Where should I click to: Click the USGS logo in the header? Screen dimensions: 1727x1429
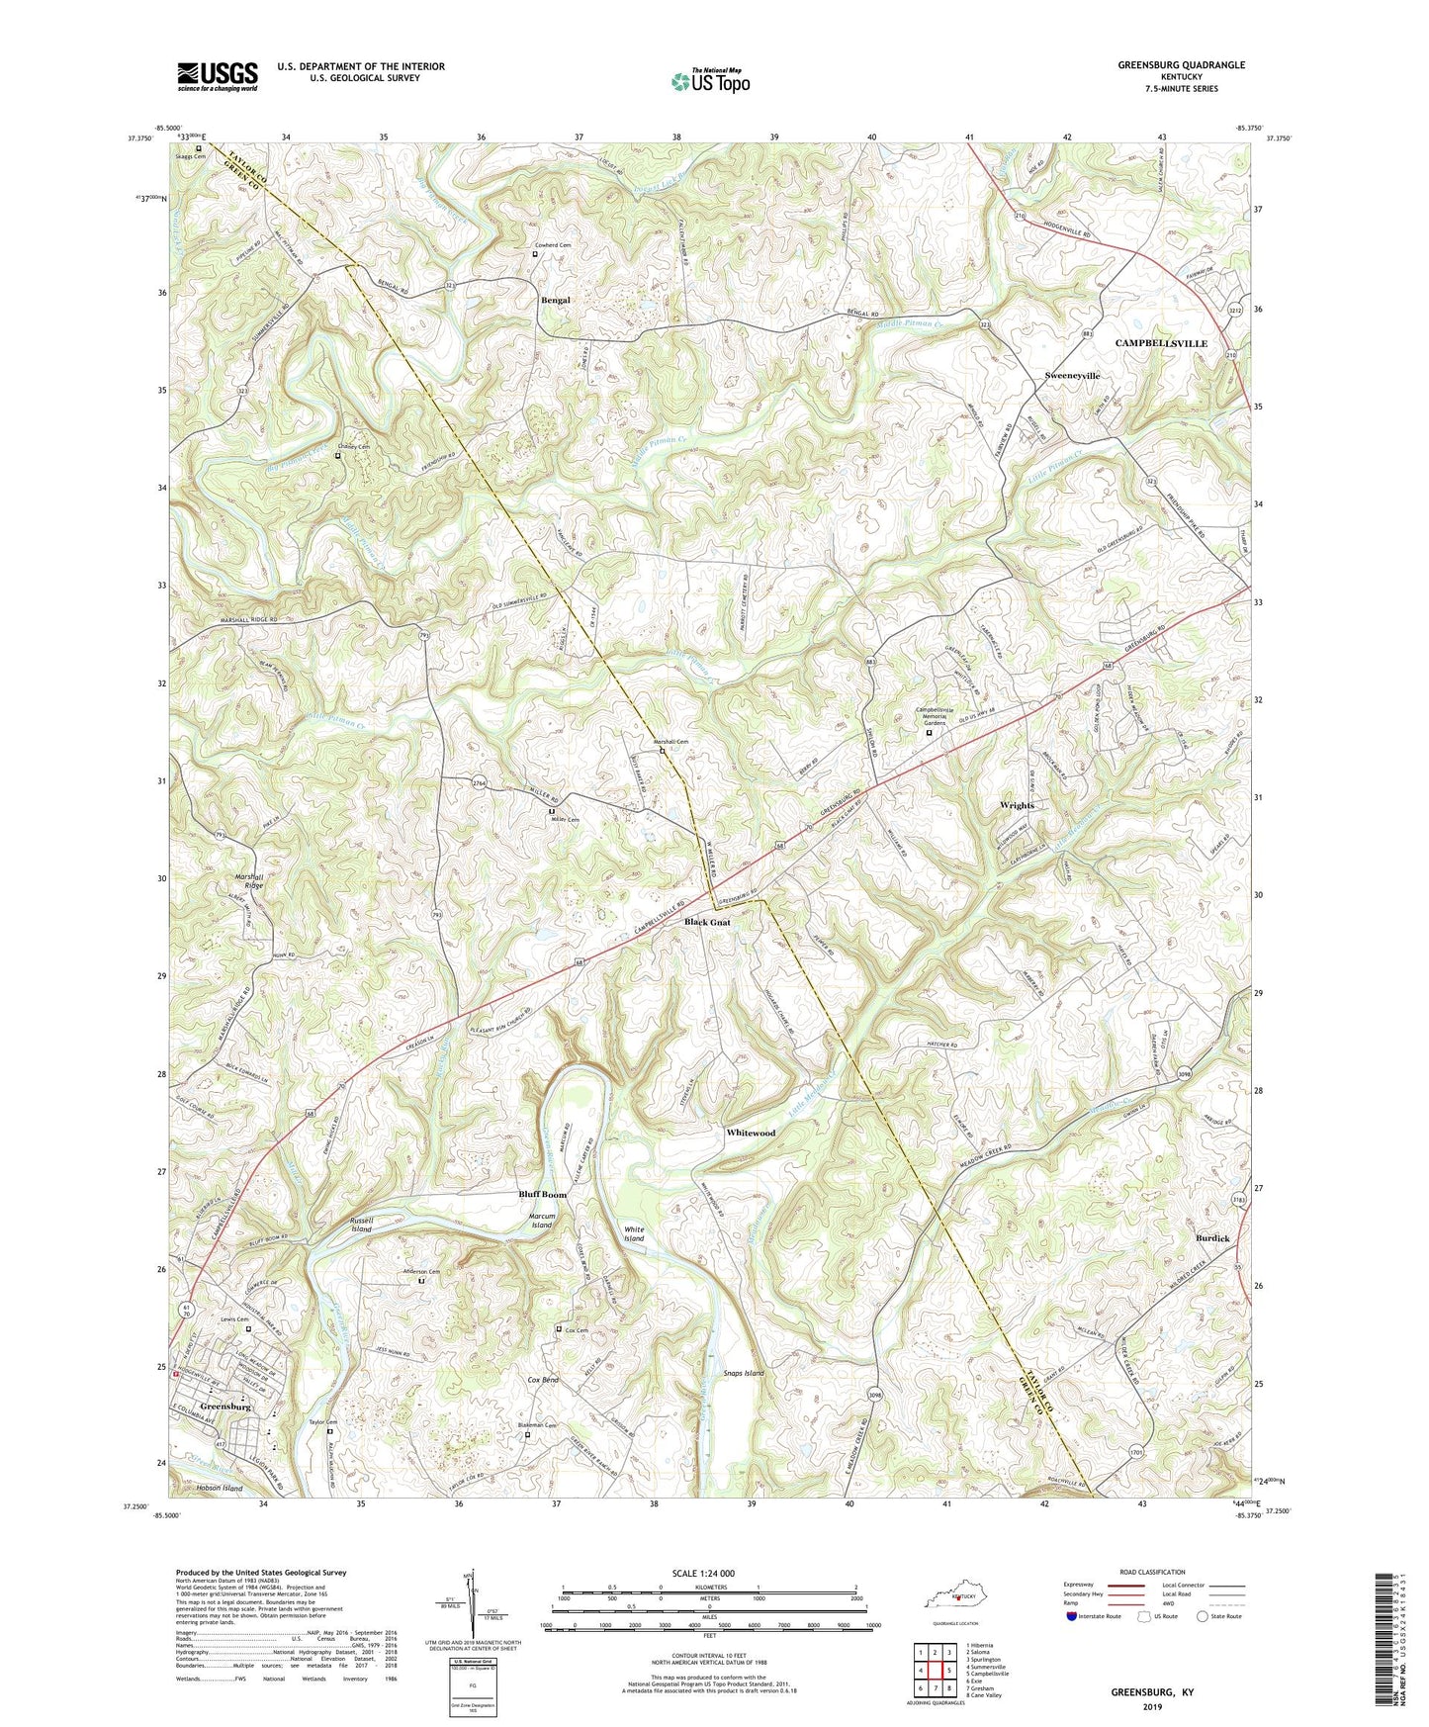pyautogui.click(x=218, y=76)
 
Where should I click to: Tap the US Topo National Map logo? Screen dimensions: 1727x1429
pyautogui.click(x=710, y=80)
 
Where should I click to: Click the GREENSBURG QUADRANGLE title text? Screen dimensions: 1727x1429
pyautogui.click(x=1181, y=65)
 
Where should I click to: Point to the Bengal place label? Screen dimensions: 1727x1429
pyautogui.click(x=555, y=300)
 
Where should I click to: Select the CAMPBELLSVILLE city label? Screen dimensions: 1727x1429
pyautogui.click(x=1161, y=343)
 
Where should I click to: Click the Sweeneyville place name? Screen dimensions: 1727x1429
pyautogui.click(x=1072, y=376)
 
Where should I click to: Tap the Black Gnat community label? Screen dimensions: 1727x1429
pyautogui.click(x=708, y=922)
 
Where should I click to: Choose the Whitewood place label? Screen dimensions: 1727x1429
pyautogui.click(x=751, y=1133)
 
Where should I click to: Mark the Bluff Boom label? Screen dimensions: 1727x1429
pyautogui.click(x=543, y=1195)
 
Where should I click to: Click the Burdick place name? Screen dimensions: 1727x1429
pyautogui.click(x=1212, y=1238)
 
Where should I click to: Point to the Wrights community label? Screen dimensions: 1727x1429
pyautogui.click(x=1017, y=806)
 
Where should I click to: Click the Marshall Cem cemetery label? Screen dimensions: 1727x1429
pyautogui.click(x=669, y=742)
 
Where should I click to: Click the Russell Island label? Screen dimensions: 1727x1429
pyautogui.click(x=362, y=1225)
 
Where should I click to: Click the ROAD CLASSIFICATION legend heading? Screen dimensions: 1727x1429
pyautogui.click(x=1153, y=1572)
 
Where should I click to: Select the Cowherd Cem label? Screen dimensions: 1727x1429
pyautogui.click(x=553, y=244)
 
